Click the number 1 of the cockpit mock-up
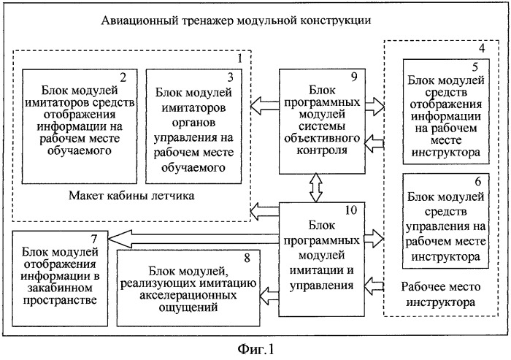click(x=240, y=58)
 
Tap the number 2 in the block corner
click(x=123, y=77)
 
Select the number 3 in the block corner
click(x=230, y=77)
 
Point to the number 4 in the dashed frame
click(x=482, y=48)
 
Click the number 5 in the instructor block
click(x=474, y=67)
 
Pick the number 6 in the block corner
click(x=477, y=181)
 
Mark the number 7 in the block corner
click(x=94, y=239)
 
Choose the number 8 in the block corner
click(x=247, y=258)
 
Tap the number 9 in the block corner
click(x=354, y=77)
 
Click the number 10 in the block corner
click(x=350, y=210)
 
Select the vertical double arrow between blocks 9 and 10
click(x=315, y=188)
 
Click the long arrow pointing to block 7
click(x=193, y=239)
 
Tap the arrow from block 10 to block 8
click(x=269, y=296)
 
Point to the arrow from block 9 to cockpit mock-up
click(x=265, y=105)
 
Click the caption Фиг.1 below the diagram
click(x=255, y=349)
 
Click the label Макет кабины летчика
click(x=131, y=196)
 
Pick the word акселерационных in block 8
click(x=188, y=296)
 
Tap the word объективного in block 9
click(x=322, y=138)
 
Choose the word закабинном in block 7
click(x=60, y=288)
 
